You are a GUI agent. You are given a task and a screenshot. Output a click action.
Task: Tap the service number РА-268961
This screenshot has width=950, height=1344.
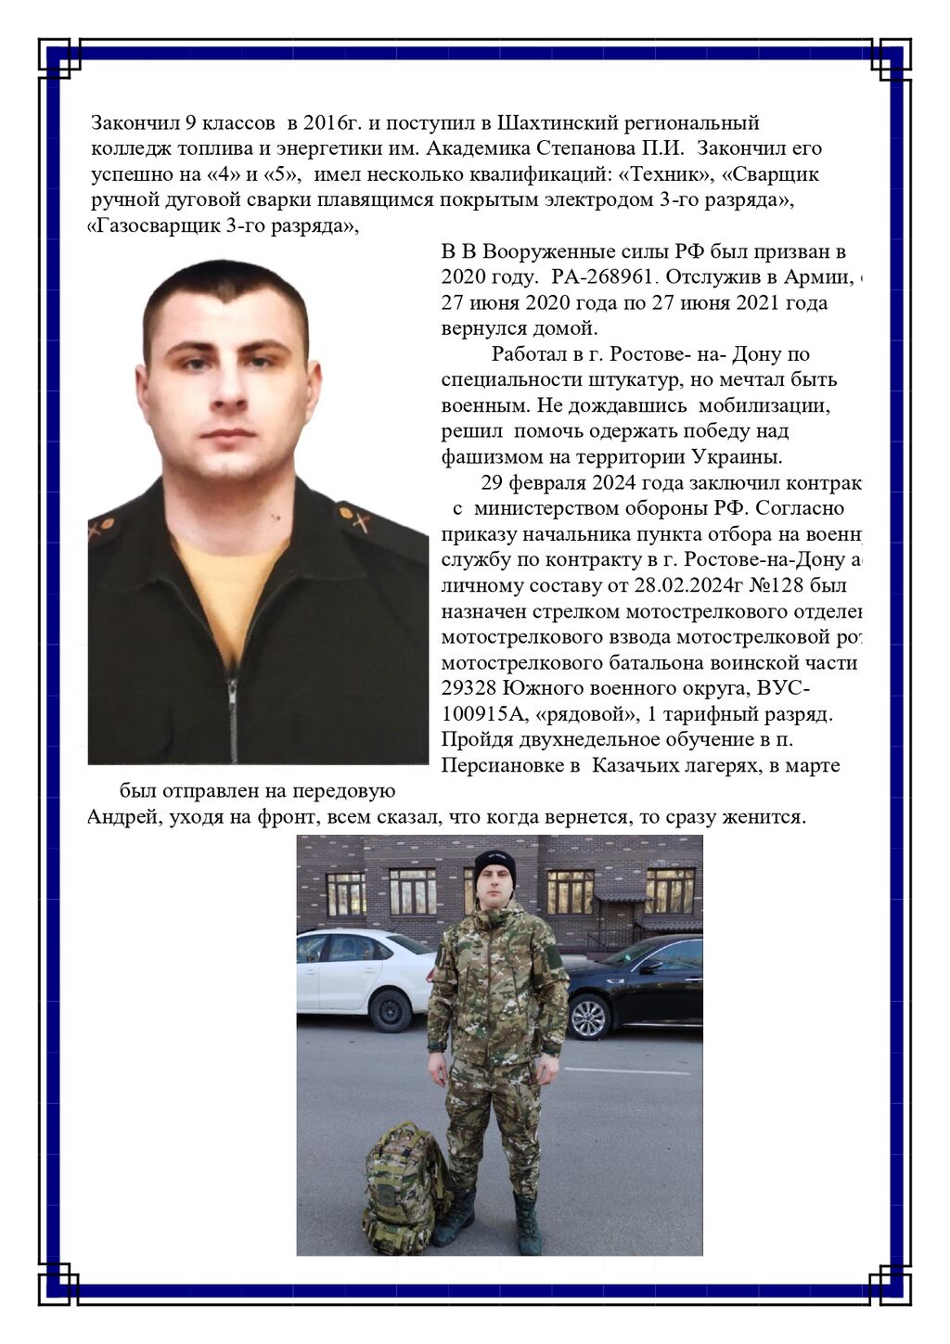coord(604,276)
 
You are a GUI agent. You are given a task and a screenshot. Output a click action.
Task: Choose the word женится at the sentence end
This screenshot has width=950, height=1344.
coord(766,817)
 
